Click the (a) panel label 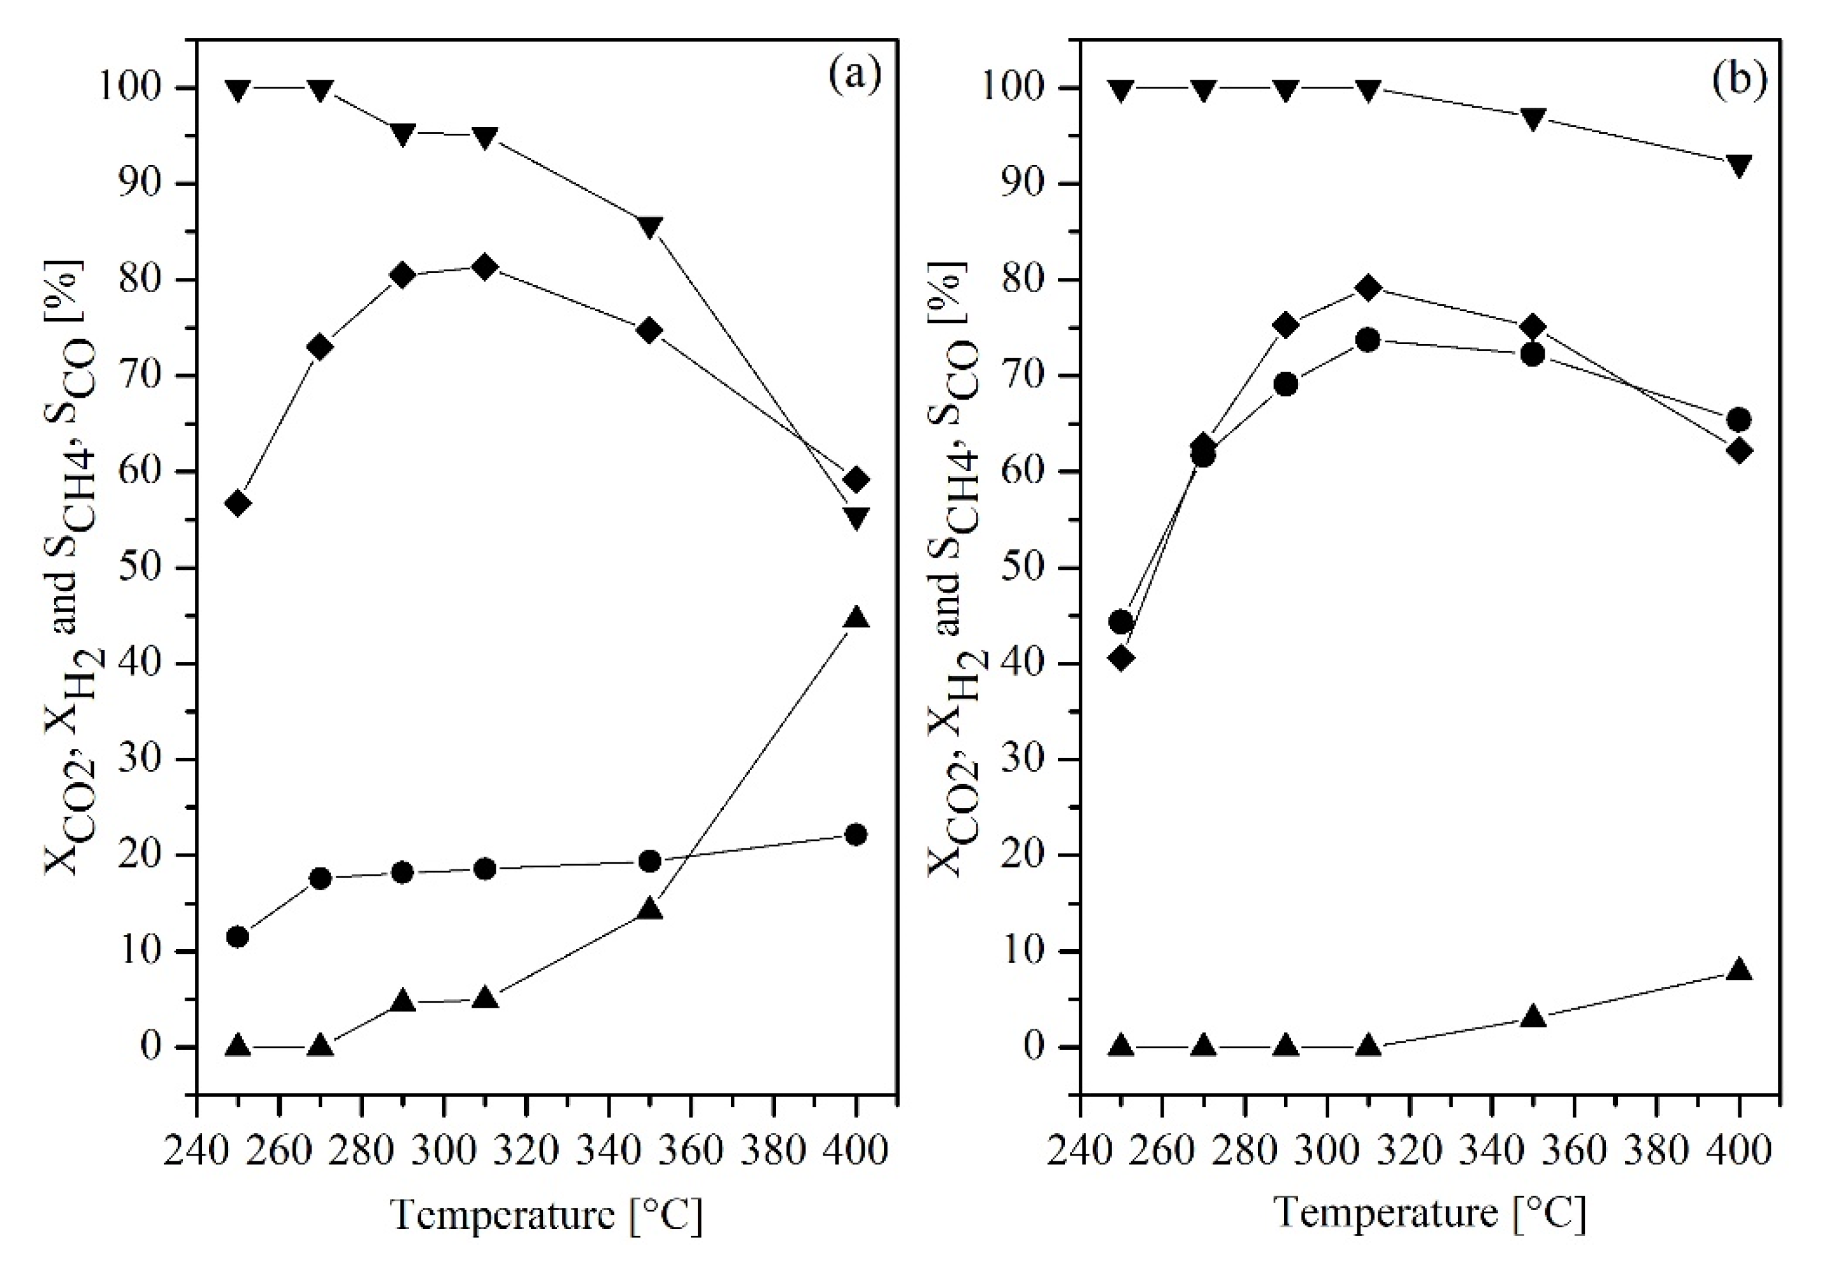855,76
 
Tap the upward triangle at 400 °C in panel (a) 856,618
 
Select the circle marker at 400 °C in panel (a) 856,834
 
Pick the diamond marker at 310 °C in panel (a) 485,267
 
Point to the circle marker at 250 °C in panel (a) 238,937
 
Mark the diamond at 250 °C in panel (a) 238,504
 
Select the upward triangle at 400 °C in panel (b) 1739,969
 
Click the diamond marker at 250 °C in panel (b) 1121,658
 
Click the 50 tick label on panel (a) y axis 144,568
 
